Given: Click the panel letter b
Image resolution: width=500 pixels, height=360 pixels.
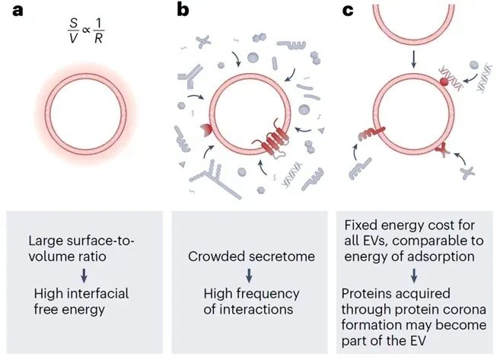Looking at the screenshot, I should click(183, 10).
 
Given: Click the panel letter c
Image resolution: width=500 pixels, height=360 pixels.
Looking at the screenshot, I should click(348, 10).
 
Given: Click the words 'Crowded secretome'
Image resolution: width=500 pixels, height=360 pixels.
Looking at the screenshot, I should click(251, 256).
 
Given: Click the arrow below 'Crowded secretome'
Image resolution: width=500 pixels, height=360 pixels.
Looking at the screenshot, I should click(251, 275).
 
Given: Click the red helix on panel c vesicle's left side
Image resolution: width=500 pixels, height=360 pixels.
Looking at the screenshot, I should click(371, 136).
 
